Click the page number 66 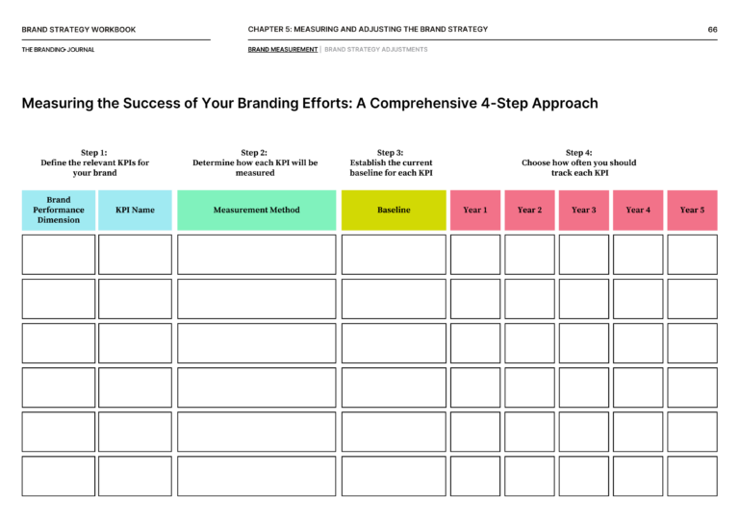[712, 30]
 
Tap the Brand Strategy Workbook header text [79, 30]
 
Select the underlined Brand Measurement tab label [283, 49]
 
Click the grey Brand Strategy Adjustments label [376, 49]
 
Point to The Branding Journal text [58, 49]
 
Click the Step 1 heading [94, 152]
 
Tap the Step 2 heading [255, 152]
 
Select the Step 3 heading [391, 152]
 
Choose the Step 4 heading [579, 152]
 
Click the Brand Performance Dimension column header [59, 210]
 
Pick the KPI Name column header [135, 210]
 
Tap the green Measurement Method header [256, 210]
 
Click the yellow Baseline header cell [394, 210]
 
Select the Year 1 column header [475, 210]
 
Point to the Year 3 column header [584, 210]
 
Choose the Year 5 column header [692, 210]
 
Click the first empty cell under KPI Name [135, 255]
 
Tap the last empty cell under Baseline [394, 476]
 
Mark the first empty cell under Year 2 [529, 255]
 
